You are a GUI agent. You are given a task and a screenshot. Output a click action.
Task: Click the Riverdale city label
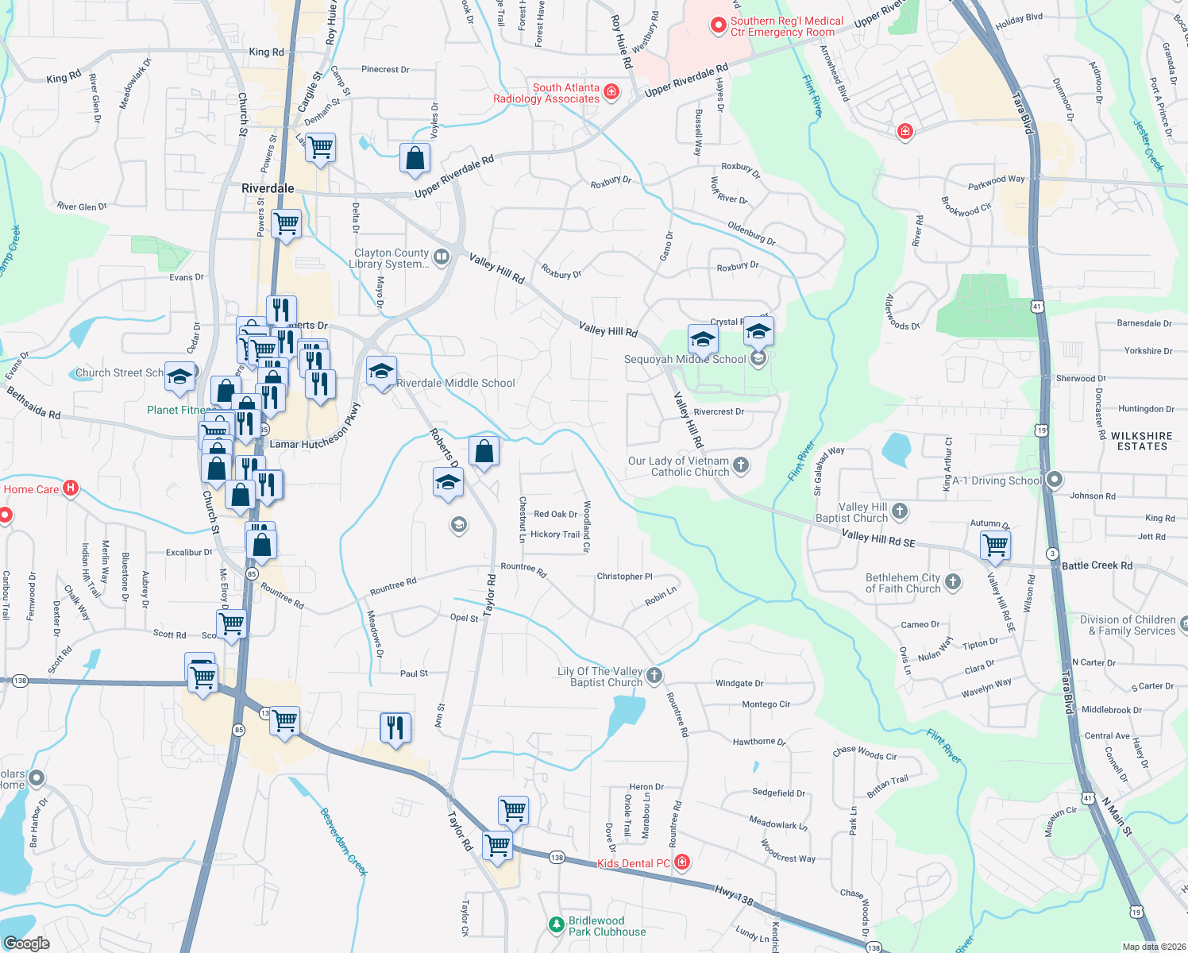268,188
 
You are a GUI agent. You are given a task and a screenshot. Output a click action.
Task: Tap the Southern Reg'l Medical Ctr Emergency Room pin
718,26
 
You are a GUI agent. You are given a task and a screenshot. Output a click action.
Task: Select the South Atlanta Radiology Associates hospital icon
611,92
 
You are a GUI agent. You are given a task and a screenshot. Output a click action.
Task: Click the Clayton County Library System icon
442,257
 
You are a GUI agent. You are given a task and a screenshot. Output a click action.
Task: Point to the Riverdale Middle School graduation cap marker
381,372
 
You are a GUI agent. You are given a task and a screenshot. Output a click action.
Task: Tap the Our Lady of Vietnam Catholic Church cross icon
741,465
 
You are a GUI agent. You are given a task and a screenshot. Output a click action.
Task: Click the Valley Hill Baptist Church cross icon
900,511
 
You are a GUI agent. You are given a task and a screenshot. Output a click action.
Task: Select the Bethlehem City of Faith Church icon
953,582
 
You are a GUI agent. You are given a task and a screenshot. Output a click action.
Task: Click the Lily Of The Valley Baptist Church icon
654,676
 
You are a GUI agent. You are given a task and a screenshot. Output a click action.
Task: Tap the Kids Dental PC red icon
682,862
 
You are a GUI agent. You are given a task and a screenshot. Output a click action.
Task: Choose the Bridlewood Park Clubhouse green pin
557,925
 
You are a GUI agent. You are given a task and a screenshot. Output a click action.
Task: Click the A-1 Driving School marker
1055,480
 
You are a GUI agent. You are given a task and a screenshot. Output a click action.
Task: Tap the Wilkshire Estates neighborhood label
1142,442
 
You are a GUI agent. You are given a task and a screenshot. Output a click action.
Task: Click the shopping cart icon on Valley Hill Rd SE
995,546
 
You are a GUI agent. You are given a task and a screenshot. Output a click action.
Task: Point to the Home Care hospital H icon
71,488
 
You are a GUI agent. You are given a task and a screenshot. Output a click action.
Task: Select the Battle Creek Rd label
1097,565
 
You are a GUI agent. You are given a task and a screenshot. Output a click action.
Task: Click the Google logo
27,943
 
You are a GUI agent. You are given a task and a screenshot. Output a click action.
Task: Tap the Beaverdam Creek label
344,842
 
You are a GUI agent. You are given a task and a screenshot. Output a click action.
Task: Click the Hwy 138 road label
734,895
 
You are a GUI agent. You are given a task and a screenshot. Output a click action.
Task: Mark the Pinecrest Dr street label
385,70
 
